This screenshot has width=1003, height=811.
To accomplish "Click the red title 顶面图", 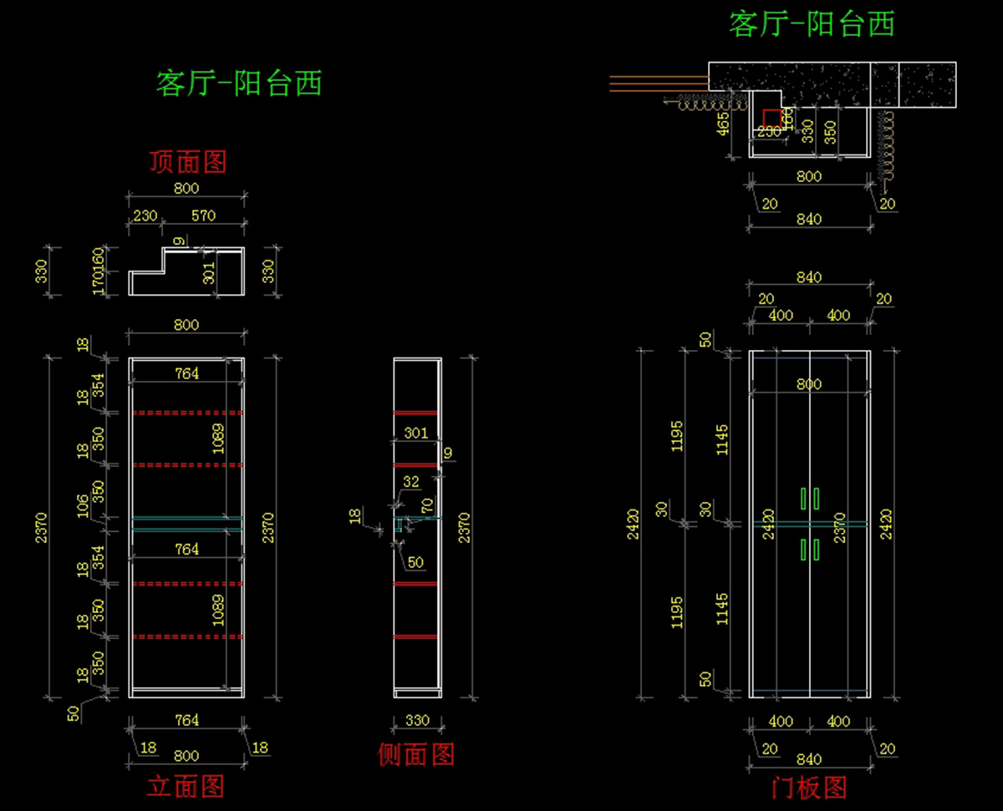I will point(187,161).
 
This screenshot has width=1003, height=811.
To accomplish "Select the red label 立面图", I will point(186,786).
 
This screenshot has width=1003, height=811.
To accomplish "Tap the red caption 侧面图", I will point(416,754).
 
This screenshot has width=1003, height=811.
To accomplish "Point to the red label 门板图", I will point(808,787).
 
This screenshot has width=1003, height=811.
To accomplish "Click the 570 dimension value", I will point(203,215).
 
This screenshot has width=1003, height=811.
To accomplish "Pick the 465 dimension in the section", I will point(724,124).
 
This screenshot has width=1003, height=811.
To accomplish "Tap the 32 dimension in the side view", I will point(411,482).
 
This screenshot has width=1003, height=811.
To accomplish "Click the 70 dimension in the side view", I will point(427,504).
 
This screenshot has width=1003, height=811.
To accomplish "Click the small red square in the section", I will point(772,118).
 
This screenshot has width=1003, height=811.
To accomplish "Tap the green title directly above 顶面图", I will point(239,84).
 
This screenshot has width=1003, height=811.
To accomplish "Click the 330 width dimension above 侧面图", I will point(417,720).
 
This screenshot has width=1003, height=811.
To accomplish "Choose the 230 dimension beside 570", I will point(145,215).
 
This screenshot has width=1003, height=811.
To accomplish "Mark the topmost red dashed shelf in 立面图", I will point(186,413).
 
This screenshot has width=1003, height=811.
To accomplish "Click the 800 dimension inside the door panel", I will point(808,384).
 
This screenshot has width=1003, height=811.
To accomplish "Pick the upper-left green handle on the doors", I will point(803,498).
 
